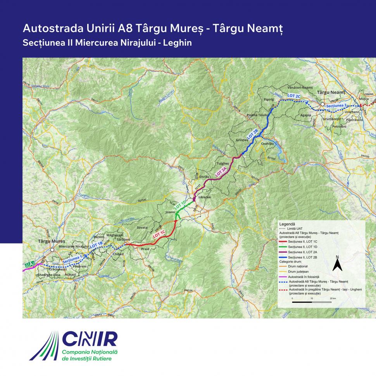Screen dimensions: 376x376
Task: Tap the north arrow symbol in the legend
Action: click(337, 264)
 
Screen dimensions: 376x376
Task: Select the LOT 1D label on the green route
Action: click(181, 205)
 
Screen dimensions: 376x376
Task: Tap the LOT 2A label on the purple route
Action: click(221, 171)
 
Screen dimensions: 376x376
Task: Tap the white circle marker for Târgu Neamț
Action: click(322, 104)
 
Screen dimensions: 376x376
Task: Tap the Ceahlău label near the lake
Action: click(268, 143)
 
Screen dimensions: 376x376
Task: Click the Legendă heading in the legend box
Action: click(287, 224)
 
